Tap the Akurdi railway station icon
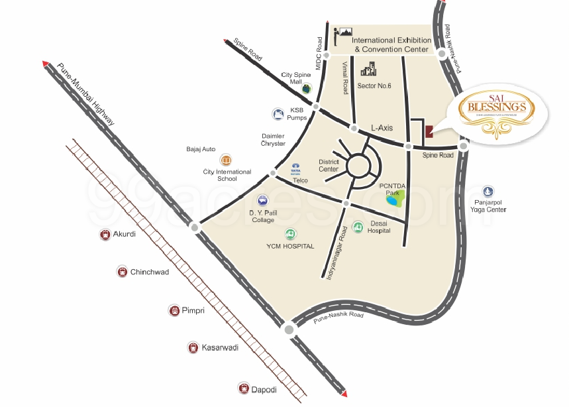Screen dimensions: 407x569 104,234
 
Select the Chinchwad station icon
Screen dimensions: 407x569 122,272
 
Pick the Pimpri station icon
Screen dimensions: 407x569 174,310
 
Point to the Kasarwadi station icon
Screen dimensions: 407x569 192,347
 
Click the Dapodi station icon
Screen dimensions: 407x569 243,389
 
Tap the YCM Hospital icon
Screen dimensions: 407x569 290,234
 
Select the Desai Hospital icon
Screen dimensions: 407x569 358,227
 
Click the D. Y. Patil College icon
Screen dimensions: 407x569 263,200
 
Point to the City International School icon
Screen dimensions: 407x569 226,160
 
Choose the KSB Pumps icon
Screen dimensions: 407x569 278,114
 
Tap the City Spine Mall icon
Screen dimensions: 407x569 306,88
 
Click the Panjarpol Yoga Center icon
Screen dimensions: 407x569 488,192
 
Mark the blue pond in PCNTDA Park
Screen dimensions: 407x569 393,198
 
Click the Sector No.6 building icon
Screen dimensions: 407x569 368,69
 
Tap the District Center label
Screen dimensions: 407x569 329,165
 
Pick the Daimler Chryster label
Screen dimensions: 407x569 274,140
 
